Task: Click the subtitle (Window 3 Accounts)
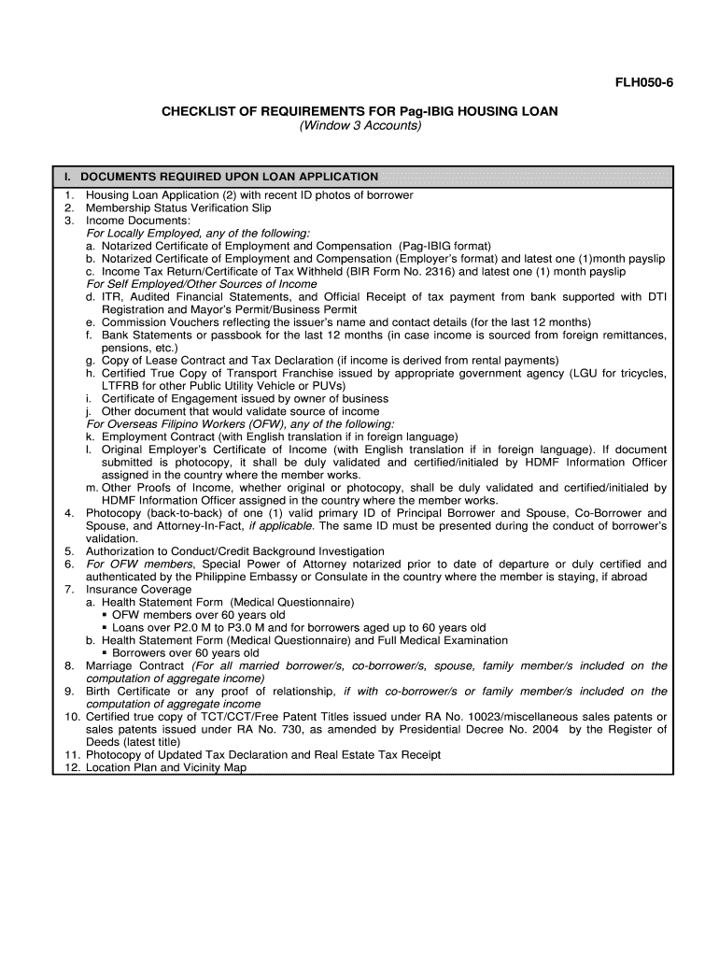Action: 360,126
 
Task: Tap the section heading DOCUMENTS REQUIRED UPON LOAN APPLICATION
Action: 229,177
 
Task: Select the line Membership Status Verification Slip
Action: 178,207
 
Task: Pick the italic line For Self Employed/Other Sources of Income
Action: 202,284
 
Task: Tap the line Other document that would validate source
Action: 240,411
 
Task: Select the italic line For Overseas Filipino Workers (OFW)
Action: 240,424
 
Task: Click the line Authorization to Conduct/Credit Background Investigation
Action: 234,551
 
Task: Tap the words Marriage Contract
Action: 134,666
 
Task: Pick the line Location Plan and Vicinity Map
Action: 166,767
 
